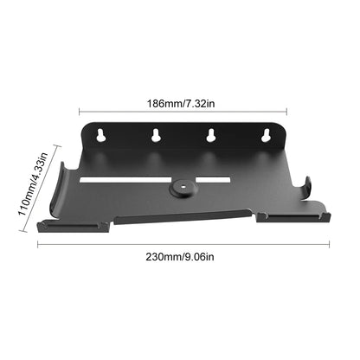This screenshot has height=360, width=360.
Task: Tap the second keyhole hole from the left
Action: click(157, 136)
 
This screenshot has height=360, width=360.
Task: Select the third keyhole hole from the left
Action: click(210, 136)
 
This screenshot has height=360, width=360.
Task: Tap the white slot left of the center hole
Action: click(125, 180)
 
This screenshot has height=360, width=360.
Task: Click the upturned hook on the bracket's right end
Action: click(309, 185)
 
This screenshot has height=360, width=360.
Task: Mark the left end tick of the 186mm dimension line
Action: click(80, 111)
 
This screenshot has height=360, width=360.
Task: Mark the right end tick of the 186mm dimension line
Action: click(286, 111)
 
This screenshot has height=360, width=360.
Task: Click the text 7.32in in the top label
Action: click(209, 101)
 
